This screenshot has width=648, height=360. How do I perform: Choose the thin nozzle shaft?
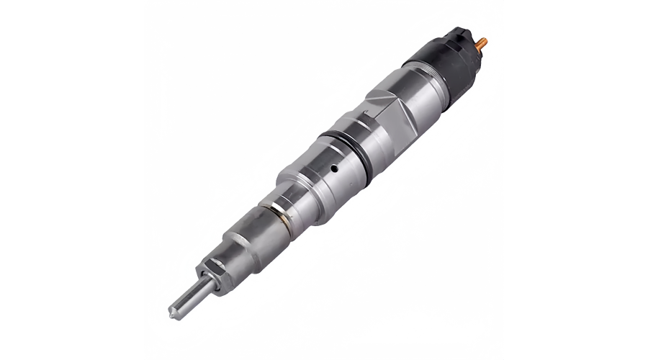coord(189,296)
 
